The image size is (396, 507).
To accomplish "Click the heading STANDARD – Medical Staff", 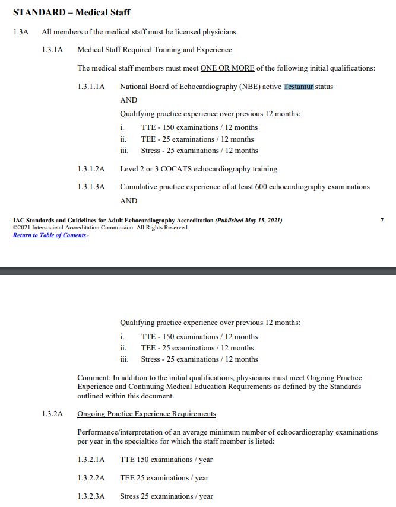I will pos(71,12).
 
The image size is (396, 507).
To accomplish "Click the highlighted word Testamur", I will pos(298,87).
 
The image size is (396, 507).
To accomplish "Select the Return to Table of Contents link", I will pos(50,235).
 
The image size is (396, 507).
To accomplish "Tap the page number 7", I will pos(382,221).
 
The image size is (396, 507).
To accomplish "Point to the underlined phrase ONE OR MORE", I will pos(227,68).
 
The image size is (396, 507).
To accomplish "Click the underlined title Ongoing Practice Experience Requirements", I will pos(147,413).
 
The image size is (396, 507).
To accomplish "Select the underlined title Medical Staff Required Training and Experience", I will pos(154,50).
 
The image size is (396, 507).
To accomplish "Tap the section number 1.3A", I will pos(21,31).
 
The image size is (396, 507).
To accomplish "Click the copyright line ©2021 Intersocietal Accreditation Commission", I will pos(101,228).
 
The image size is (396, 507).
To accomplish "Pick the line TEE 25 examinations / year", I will pos(164,478).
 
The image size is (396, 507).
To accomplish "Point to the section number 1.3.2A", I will pos(52,413).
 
